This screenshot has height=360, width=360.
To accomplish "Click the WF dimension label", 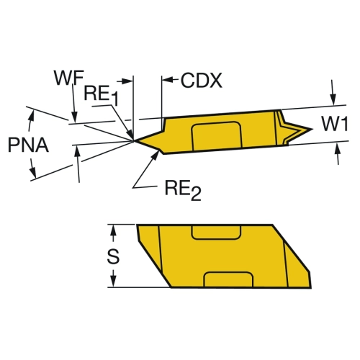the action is pyautogui.click(x=69, y=78).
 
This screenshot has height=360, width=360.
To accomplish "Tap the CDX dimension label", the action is pyautogui.click(x=202, y=80).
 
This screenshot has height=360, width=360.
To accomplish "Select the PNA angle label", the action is pyautogui.click(x=28, y=145).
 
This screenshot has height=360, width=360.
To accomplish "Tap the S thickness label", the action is pyautogui.click(x=113, y=256).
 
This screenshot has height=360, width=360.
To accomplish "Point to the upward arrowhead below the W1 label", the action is pyautogui.click(x=338, y=149).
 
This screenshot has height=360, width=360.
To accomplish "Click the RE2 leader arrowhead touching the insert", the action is pyautogui.click(x=156, y=156).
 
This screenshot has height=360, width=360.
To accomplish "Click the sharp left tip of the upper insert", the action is pyautogui.click(x=133, y=141).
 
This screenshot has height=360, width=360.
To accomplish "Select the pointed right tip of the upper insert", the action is pyautogui.click(x=312, y=129).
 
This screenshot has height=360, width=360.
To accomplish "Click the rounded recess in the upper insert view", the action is pyautogui.click(x=217, y=136).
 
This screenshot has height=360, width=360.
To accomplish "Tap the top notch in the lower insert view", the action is pyautogui.click(x=216, y=232).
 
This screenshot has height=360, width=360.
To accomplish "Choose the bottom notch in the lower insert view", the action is pyautogui.click(x=228, y=279).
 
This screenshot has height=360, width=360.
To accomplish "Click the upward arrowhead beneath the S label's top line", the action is pyautogui.click(x=114, y=231).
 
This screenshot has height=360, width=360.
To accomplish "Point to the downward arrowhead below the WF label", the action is pyautogui.click(x=75, y=117).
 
